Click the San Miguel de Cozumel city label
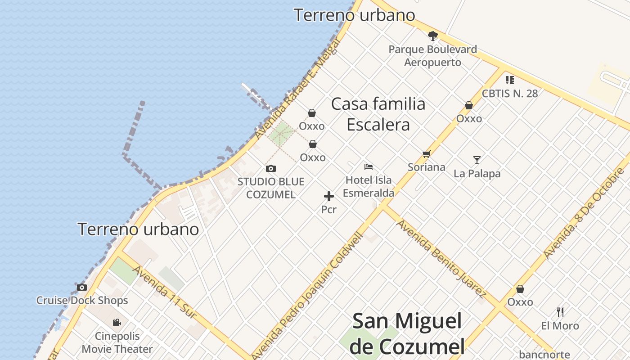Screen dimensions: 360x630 pos(407,333)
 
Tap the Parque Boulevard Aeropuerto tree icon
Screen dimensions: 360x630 pos(433,36)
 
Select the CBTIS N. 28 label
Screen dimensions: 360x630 pos(509,94)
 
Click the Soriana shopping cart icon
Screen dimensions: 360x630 pos(427,154)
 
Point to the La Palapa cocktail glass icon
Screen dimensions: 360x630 pos(477,160)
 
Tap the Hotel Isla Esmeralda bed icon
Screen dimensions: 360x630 pos(369,167)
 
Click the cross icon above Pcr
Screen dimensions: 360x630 pos(329,196)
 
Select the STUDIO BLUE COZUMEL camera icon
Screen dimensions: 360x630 pos(271,169)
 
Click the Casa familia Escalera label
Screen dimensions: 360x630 pos(378,114)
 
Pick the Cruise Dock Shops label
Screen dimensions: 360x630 pos(82,301)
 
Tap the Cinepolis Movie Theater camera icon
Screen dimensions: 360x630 pos(117,322)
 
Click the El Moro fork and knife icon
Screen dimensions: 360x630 pos(560,312)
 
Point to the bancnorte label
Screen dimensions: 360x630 pos(544,355)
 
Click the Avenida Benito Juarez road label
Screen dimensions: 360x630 pos(441,258)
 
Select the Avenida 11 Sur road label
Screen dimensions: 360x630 pos(165,292)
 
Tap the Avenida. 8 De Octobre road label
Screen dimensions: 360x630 pos(584,213)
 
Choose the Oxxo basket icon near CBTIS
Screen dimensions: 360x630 pos(469,105)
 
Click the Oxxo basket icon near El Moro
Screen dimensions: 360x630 pos(520,289)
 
